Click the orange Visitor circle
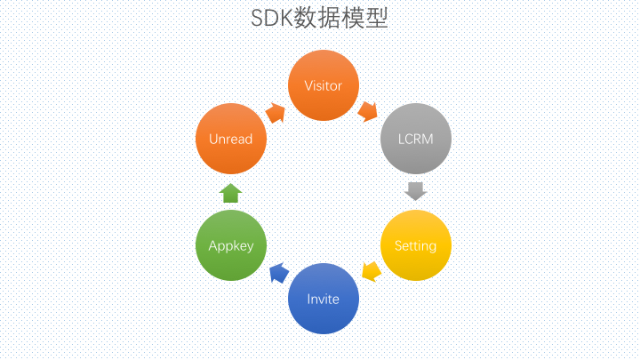point(324,85)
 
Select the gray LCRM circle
point(416,139)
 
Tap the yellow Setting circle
point(416,245)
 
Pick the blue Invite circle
point(324,299)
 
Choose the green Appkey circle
point(231,245)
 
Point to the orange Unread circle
point(231,139)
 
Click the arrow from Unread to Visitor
point(276,113)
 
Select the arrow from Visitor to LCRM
point(368,111)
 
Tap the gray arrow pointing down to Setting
point(416,191)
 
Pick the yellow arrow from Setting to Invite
point(372,271)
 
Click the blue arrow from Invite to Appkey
point(279,273)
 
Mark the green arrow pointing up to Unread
point(230,193)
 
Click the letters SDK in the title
point(272,19)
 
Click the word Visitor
point(324,85)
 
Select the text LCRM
point(415,140)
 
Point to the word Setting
point(415,246)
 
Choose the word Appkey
point(231,246)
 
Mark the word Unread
point(230,140)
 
